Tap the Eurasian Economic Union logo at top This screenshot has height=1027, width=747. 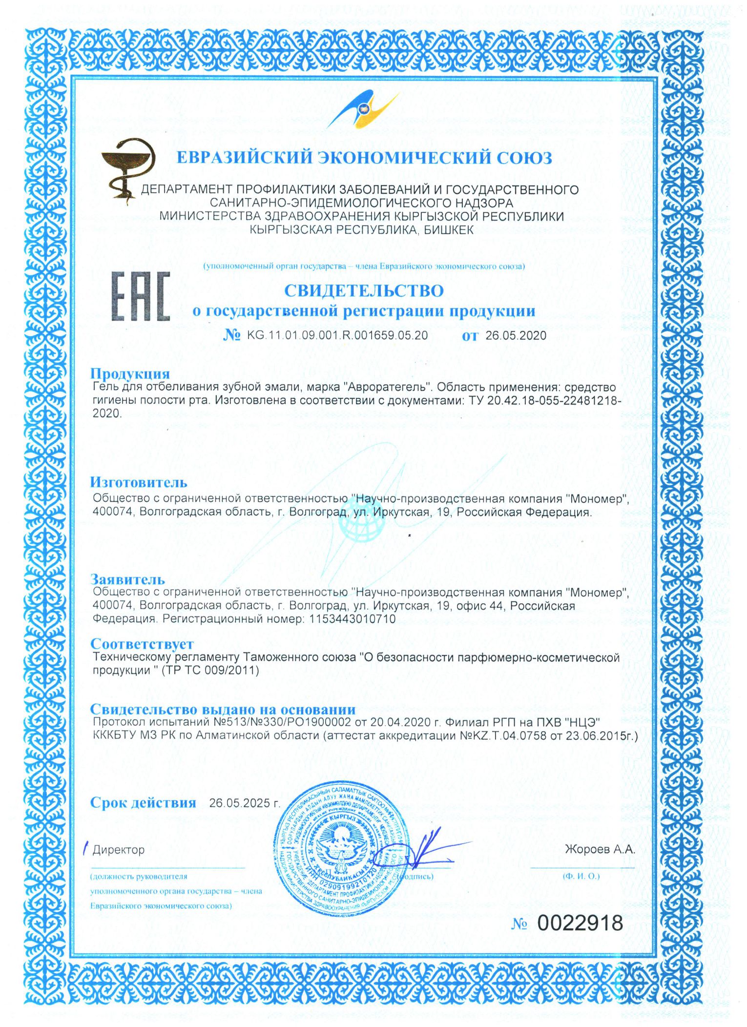pos(363,110)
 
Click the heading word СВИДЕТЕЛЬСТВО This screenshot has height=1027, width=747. pos(364,290)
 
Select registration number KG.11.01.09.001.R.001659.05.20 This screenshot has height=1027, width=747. pos(337,335)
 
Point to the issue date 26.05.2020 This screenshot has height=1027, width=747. pos(515,336)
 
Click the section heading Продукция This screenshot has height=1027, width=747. pos(130,374)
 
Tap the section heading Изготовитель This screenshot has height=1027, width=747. pos(139,482)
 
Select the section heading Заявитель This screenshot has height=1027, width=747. pos(128,579)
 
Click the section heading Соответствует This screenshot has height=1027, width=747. pos(142,644)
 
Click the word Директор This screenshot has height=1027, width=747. pos(119,850)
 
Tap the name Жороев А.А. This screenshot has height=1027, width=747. pos(600,849)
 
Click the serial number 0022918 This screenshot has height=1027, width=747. pos(580,923)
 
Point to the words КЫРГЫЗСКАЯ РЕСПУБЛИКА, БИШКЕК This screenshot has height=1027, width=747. pos(361,229)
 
